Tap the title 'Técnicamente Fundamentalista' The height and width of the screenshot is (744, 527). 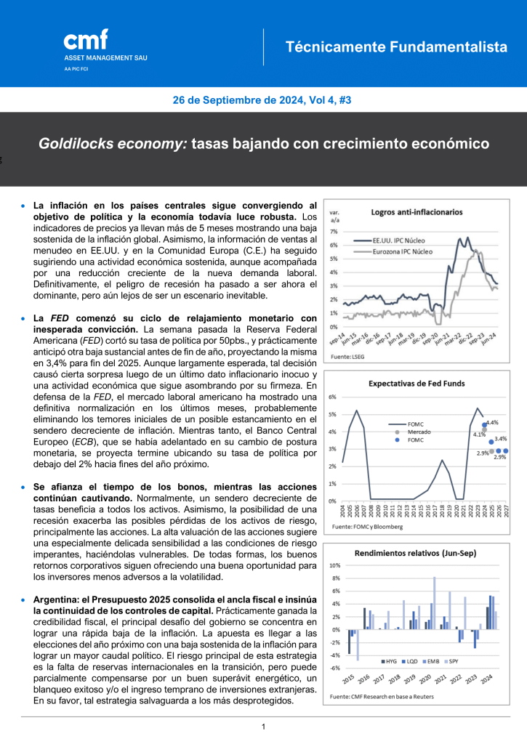(x=396, y=47)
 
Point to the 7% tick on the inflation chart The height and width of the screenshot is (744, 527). (x=334, y=231)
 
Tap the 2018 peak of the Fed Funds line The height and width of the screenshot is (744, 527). (x=442, y=461)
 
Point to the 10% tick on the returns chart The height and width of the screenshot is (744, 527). (x=335, y=565)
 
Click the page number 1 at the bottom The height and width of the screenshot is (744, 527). (x=263, y=727)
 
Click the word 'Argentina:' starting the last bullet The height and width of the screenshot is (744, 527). (x=57, y=599)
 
